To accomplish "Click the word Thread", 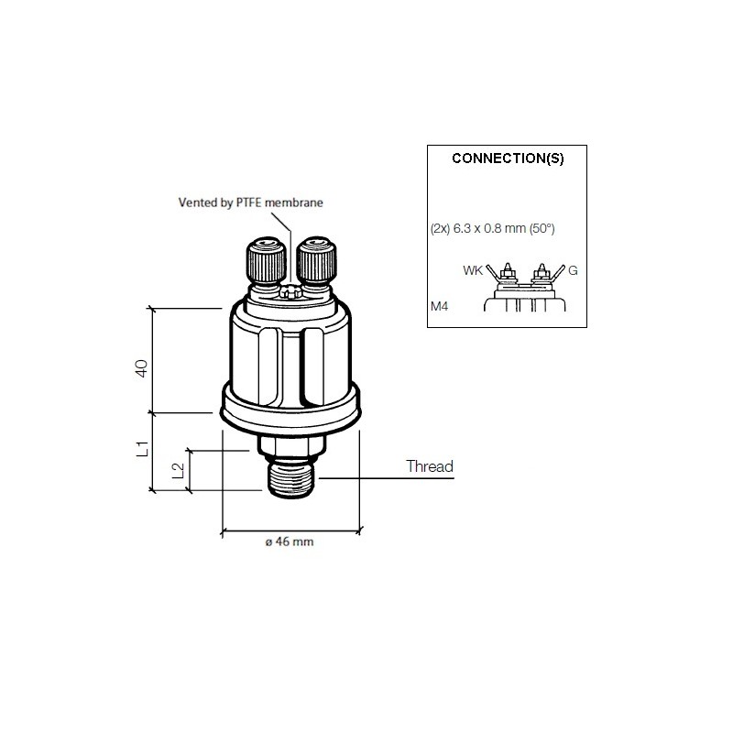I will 430,467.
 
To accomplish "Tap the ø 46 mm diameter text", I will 289,542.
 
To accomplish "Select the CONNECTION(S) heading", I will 508,158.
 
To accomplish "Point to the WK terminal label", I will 473,271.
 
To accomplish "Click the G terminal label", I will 573,271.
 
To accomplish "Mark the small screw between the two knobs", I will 290,292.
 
